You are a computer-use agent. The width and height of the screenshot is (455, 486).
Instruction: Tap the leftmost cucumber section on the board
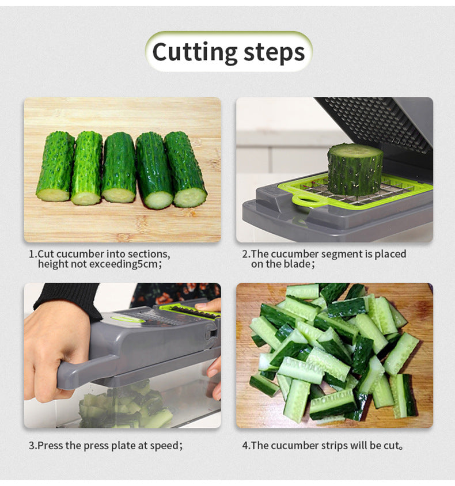[55, 166]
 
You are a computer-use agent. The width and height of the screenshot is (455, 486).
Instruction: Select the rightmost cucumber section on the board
[185, 169]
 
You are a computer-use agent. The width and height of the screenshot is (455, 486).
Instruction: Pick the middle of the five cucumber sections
[119, 168]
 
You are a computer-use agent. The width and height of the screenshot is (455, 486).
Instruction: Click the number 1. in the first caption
[33, 254]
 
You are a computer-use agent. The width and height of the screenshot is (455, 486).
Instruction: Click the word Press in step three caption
[50, 445]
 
